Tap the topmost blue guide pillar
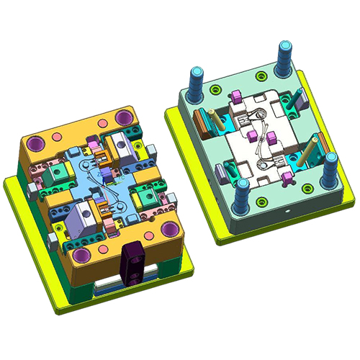(282, 56)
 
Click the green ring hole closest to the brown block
(215, 89)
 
